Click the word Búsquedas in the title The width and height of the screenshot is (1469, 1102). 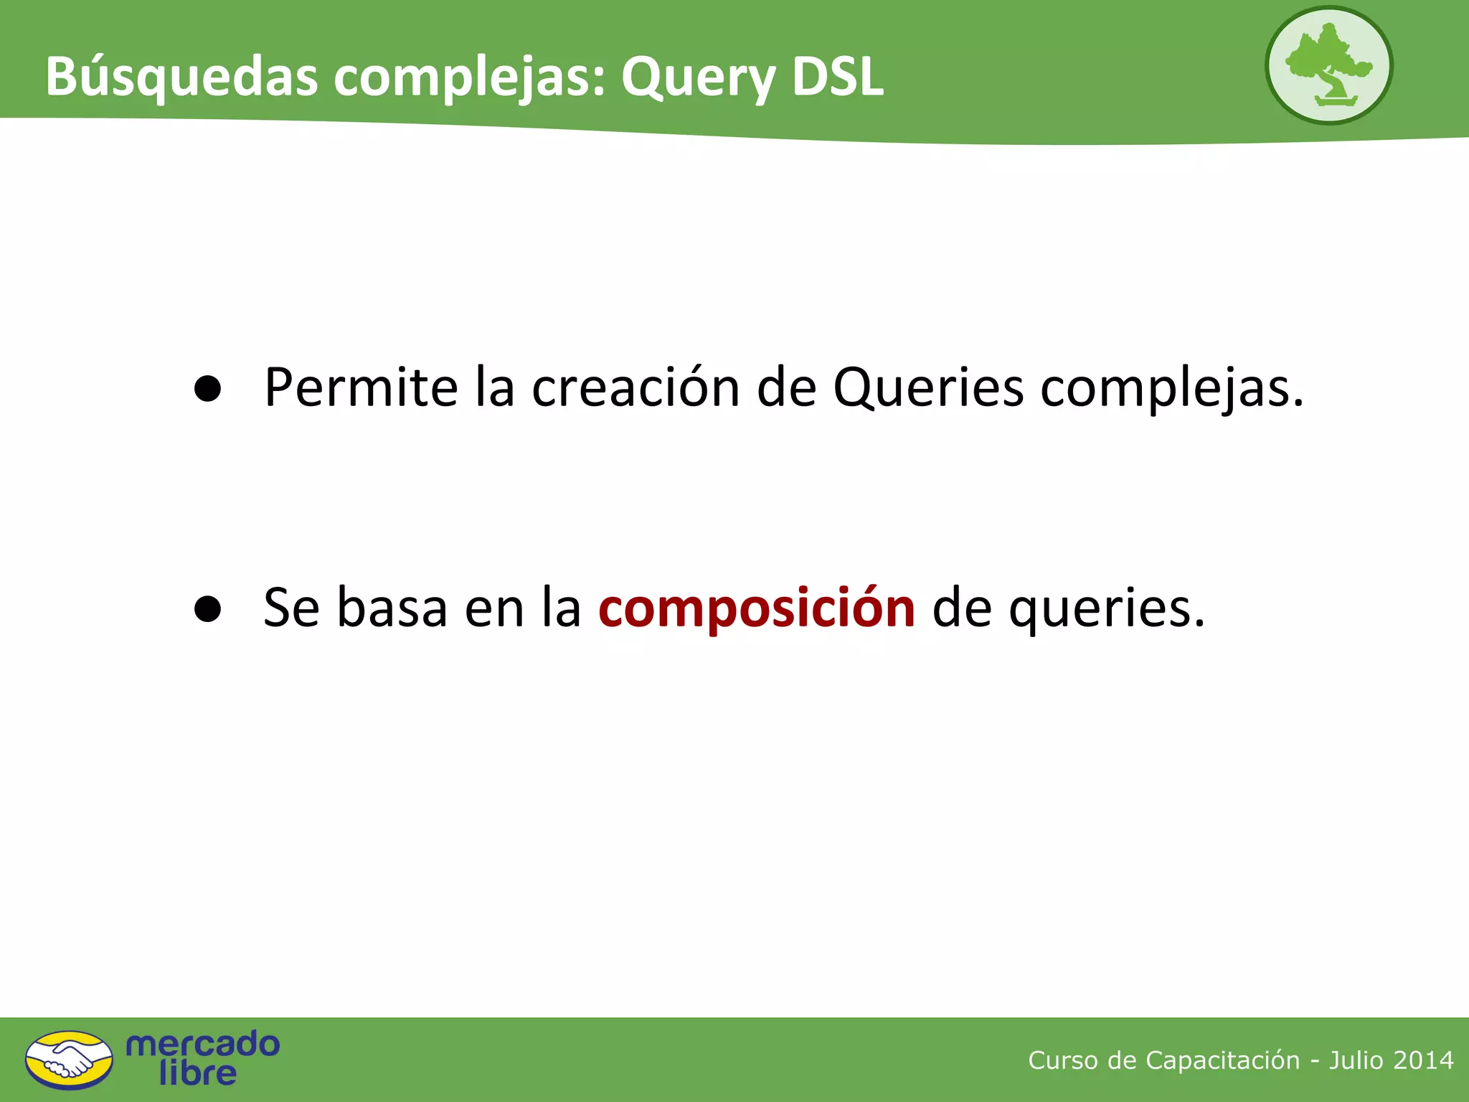tap(181, 76)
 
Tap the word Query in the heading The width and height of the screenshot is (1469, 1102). tap(698, 77)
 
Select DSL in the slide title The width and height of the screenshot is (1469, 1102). tap(837, 76)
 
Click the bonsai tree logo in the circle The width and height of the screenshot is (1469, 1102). tap(1328, 65)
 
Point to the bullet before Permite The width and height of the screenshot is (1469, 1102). tap(207, 389)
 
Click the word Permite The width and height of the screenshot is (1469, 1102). tap(361, 388)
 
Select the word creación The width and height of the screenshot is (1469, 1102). tap(636, 388)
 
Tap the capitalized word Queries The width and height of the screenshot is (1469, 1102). tap(928, 388)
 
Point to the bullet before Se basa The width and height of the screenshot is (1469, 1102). tap(207, 609)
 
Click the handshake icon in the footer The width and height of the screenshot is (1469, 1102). tap(69, 1060)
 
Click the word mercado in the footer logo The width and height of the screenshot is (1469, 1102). tap(202, 1044)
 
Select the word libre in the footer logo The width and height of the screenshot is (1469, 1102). tap(197, 1073)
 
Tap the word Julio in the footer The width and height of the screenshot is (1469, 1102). tap(1355, 1060)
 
